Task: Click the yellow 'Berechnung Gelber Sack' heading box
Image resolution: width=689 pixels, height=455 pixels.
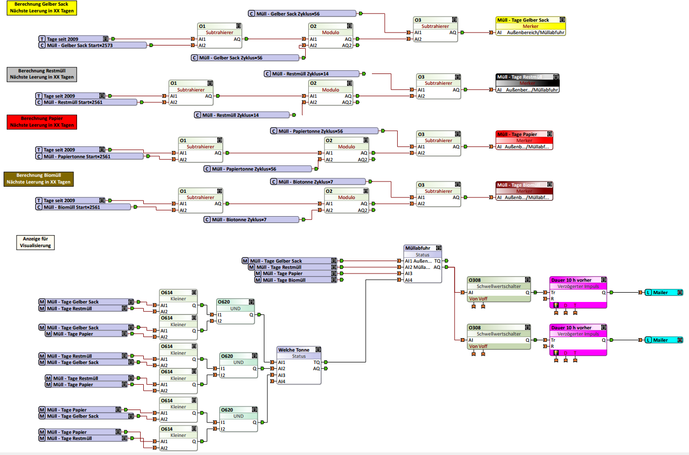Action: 41,8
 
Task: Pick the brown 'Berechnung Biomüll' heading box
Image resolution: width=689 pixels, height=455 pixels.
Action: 39,179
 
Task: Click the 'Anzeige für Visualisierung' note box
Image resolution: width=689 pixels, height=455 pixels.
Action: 35,242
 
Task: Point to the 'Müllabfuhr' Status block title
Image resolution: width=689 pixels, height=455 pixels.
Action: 423,248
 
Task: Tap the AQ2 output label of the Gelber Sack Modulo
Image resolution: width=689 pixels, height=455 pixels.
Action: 347,45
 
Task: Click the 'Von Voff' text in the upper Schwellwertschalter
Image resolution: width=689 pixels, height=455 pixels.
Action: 478,298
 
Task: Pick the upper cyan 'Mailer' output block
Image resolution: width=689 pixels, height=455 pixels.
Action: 664,293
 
